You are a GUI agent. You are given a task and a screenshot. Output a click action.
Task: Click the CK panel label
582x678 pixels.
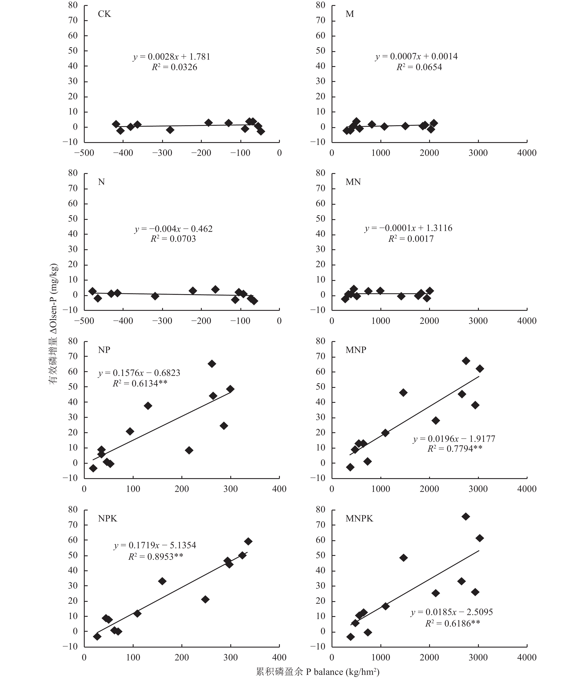coord(104,14)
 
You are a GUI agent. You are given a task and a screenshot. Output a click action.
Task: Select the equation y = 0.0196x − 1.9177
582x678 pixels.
coord(454,439)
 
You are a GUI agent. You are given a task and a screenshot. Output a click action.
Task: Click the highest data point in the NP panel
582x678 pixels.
coord(212,364)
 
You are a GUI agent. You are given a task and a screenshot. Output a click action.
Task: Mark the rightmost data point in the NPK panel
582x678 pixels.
coord(248,541)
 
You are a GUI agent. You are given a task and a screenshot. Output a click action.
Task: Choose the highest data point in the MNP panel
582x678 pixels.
coord(466,361)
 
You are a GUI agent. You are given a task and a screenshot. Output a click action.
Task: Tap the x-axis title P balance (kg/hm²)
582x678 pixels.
coord(317,672)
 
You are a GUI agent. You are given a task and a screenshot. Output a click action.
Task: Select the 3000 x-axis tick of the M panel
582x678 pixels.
coord(478,153)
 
